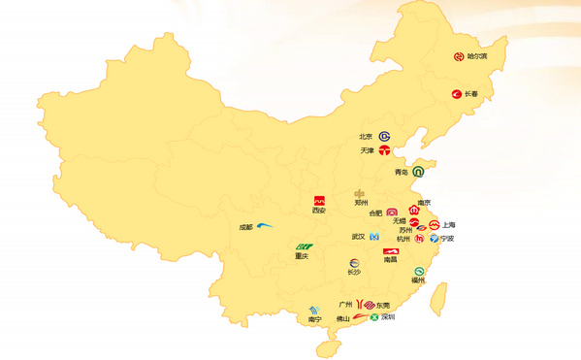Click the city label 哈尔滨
[477, 56]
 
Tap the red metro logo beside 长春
[456, 94]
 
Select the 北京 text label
[366, 137]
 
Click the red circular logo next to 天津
[385, 150]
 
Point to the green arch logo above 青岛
[418, 172]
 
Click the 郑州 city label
[361, 204]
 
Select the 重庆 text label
[302, 257]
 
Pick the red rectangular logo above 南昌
[390, 251]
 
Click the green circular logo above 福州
[419, 272]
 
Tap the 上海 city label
[449, 225]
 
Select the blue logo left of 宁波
[434, 238]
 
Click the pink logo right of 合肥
[392, 213]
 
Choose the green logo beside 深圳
[373, 317]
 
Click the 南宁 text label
[314, 319]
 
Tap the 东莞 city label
[383, 306]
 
